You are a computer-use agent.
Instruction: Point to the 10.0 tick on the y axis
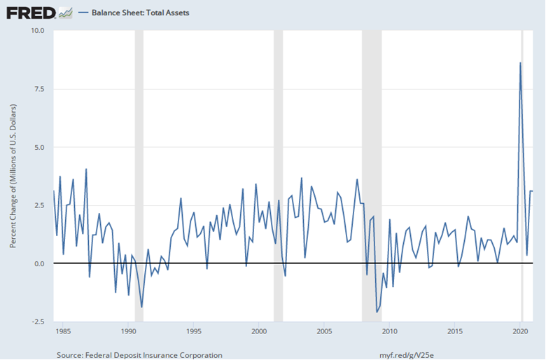38,31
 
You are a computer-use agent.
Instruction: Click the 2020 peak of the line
520,63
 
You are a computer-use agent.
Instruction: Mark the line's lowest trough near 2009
377,312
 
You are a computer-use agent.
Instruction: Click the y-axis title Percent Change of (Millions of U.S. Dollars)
13,176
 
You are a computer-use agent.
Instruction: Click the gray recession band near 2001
278,175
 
